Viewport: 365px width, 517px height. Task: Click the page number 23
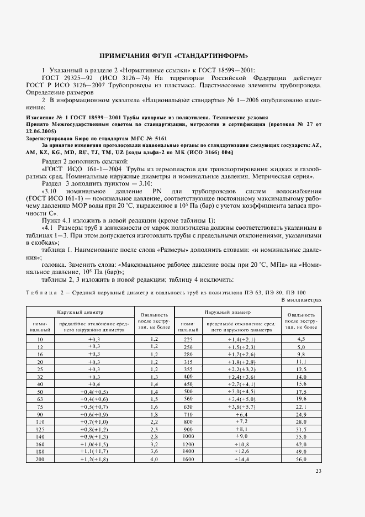(x=318, y=471)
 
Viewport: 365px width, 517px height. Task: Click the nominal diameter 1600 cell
(x=188, y=458)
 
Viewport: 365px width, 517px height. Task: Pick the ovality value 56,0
(x=301, y=458)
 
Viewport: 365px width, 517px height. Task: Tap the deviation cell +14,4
(x=242, y=458)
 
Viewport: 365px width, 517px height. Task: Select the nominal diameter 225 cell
(x=188, y=339)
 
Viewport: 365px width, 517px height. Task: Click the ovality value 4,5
(x=301, y=339)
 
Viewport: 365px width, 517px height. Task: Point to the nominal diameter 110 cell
(x=40, y=421)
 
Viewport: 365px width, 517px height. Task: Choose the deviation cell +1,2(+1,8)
(x=94, y=458)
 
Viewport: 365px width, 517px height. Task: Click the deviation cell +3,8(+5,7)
(x=242, y=406)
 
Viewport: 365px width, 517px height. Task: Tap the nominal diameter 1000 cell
(x=188, y=436)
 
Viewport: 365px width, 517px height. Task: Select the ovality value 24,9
(x=301, y=413)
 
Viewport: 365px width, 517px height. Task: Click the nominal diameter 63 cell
(x=40, y=398)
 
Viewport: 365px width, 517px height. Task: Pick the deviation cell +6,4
(x=242, y=413)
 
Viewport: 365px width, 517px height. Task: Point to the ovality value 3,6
(x=154, y=451)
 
